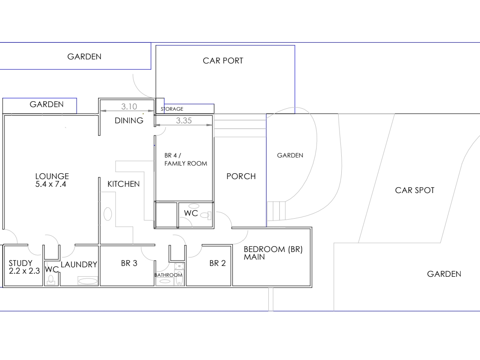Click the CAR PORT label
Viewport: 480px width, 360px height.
tap(223, 61)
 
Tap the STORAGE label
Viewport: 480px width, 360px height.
tap(172, 109)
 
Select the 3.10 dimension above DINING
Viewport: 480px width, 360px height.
tap(129, 107)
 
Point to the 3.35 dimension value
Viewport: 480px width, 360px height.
tap(184, 121)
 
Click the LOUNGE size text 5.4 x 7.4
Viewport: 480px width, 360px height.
tap(50, 184)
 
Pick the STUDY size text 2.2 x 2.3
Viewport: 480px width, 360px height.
tap(24, 271)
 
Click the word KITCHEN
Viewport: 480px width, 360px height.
tap(123, 184)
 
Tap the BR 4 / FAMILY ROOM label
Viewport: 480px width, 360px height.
tap(186, 159)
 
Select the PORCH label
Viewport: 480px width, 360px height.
tap(241, 176)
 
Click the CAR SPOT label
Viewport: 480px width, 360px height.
tap(415, 190)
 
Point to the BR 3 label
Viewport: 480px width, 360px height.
tap(129, 263)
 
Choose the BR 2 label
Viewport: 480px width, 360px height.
tap(217, 263)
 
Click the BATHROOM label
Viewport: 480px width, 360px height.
tap(168, 275)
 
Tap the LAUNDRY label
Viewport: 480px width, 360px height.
tap(79, 264)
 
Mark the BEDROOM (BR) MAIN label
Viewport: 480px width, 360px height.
tap(273, 253)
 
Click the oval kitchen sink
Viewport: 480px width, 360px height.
tap(108, 214)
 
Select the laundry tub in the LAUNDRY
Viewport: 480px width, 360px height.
tap(88, 280)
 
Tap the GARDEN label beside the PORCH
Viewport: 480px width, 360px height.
tap(290, 155)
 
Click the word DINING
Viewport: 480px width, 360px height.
tap(129, 121)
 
